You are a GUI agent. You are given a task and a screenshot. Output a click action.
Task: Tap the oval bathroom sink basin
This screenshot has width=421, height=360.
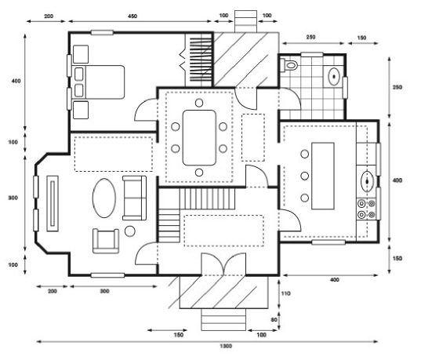334,77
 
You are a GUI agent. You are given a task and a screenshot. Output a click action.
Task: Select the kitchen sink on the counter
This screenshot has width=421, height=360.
367,181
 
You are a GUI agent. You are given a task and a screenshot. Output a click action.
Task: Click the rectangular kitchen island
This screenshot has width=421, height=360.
323,176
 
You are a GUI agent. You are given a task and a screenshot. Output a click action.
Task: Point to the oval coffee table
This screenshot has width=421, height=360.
104,198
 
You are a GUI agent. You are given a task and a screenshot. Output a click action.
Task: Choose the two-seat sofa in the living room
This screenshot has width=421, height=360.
134,198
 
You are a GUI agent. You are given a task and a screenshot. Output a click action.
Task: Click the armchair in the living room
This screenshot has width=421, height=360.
106,241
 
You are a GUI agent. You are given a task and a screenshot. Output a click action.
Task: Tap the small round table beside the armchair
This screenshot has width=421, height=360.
130,231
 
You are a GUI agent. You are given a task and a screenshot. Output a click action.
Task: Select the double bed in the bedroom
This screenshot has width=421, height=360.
99,82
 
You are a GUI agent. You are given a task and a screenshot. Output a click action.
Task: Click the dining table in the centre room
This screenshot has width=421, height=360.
199,137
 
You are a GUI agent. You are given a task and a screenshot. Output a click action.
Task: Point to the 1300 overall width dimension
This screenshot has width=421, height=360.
226,346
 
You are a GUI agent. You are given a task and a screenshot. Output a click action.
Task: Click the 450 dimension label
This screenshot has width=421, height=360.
132,16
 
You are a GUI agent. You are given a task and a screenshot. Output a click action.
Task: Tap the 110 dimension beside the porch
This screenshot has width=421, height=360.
285,293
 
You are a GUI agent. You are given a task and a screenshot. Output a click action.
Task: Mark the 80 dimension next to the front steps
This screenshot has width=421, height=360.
274,320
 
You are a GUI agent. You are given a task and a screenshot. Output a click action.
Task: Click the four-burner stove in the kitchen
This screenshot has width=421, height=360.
366,209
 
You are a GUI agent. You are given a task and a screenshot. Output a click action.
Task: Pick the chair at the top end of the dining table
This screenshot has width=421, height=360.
199,103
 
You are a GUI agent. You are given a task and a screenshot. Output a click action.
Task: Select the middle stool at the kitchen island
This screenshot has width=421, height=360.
304,176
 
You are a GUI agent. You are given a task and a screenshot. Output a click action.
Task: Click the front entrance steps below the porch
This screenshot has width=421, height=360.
223,319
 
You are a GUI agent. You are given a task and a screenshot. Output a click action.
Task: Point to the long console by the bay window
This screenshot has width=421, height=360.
53,204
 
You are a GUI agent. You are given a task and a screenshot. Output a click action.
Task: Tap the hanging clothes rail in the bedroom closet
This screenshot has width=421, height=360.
201,60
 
